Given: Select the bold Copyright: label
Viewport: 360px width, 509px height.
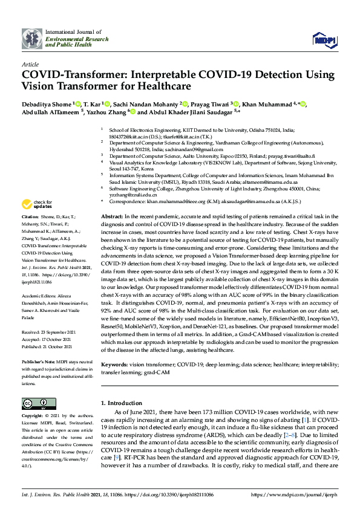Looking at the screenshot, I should point(33,417).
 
